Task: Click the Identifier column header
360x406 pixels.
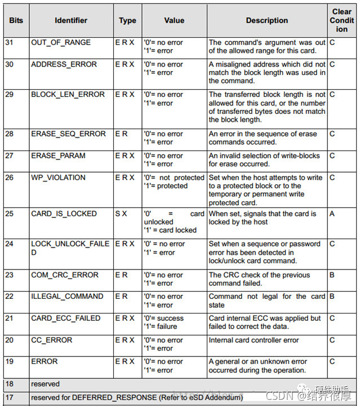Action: click(x=71, y=20)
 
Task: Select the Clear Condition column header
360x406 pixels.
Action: click(x=341, y=20)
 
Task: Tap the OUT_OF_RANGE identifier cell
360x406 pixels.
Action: click(x=61, y=42)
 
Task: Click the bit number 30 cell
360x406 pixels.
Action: click(x=10, y=64)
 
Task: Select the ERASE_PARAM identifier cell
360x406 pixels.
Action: click(x=58, y=156)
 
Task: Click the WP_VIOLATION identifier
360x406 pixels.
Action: click(x=59, y=178)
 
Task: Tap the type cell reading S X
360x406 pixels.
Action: click(x=122, y=214)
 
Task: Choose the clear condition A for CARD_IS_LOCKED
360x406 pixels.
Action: click(x=332, y=214)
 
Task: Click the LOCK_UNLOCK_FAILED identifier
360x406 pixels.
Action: click(x=70, y=248)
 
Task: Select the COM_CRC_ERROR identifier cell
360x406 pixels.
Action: click(x=65, y=275)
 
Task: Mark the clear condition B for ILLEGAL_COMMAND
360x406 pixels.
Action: click(x=332, y=297)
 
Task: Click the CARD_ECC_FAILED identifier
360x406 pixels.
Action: click(x=66, y=319)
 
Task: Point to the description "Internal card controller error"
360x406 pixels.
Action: click(x=254, y=340)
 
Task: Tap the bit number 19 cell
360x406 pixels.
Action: click(x=10, y=361)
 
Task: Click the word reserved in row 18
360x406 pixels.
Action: click(x=45, y=384)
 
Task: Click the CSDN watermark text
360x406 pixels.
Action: click(x=279, y=396)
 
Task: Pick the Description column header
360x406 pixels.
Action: click(x=267, y=20)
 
